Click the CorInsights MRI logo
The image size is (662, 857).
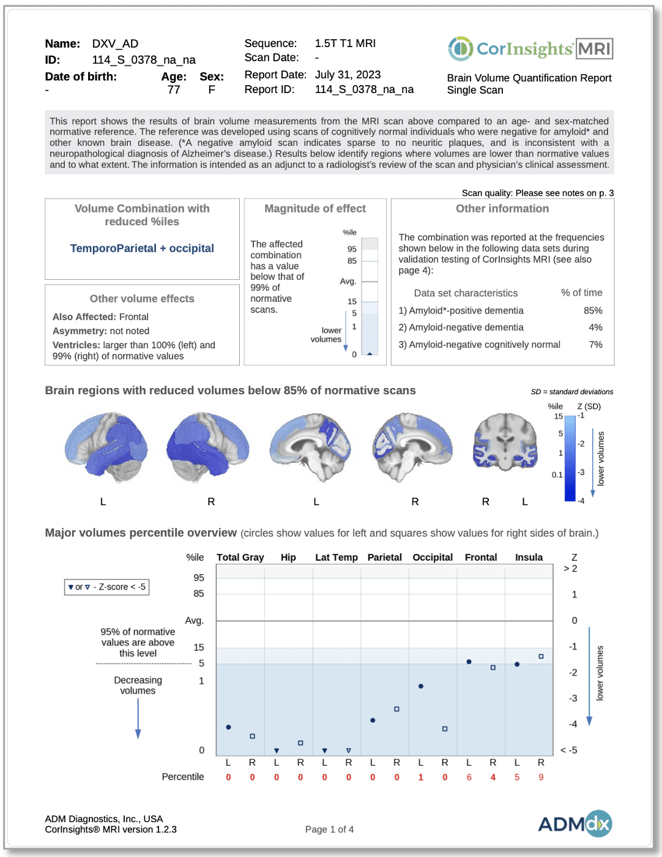(530, 48)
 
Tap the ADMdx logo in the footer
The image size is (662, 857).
(575, 823)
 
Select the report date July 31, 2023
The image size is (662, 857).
(348, 75)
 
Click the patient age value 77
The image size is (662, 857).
(174, 90)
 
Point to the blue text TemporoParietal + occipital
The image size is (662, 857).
(142, 249)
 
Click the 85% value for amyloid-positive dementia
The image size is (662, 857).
(592, 310)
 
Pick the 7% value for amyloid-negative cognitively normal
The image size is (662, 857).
(595, 345)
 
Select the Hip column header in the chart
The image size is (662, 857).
(288, 557)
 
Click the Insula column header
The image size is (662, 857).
(529, 557)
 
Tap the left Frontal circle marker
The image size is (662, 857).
(469, 662)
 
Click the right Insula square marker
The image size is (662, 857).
(541, 656)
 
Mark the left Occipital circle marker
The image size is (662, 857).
(421, 686)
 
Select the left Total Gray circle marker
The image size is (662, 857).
(228, 727)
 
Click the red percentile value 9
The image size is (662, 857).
(541, 777)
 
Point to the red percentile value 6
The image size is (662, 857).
(469, 777)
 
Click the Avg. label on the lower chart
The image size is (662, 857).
(195, 620)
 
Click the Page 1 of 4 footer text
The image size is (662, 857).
(329, 829)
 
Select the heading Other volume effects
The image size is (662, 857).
(142, 299)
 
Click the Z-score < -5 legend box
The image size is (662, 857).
(106, 587)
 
